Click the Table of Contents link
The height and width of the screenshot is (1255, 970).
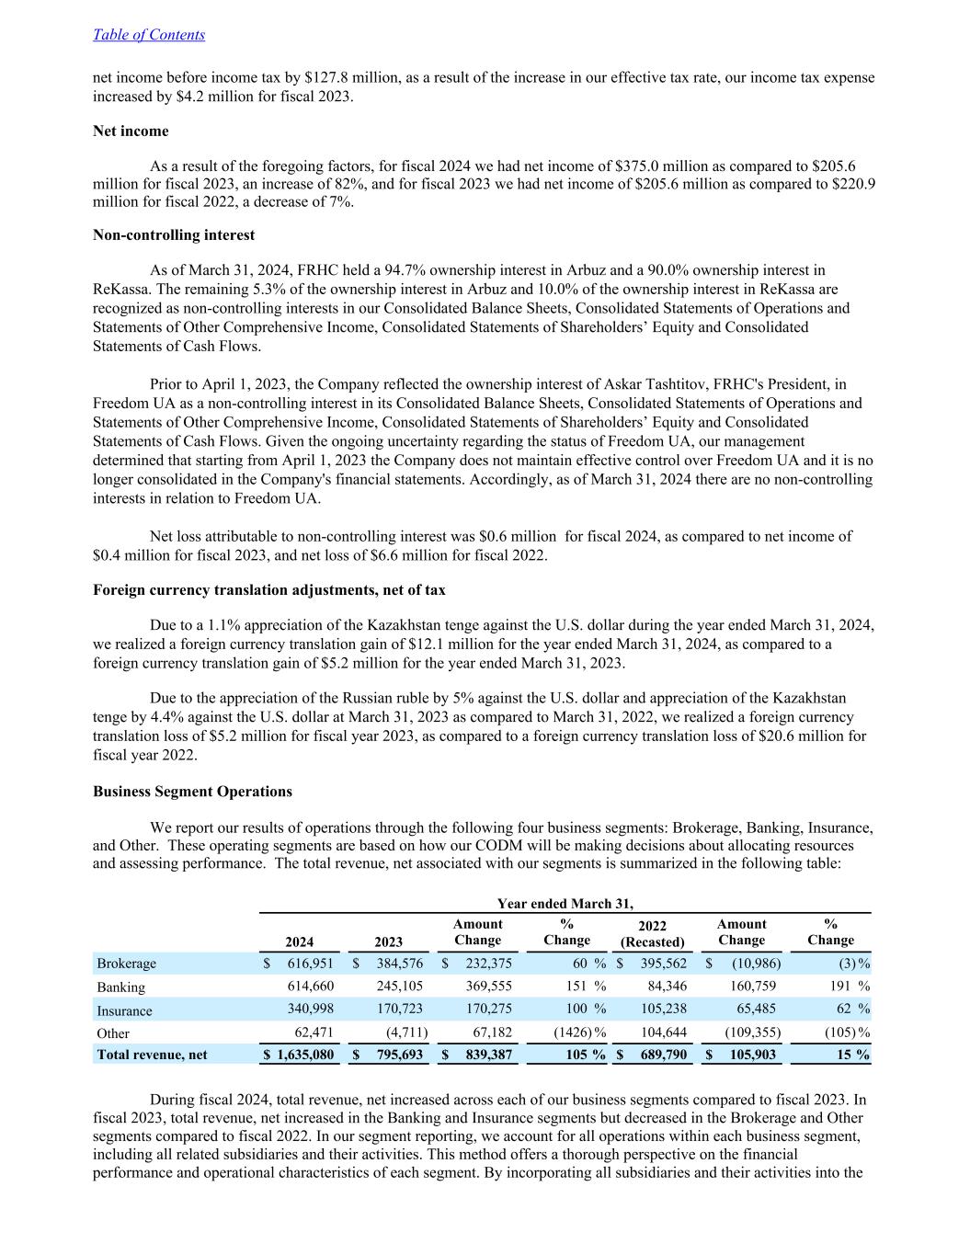tap(149, 35)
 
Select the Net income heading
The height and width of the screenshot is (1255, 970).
tap(131, 131)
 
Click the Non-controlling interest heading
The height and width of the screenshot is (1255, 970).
tap(174, 235)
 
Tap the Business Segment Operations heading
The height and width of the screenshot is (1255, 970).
tap(192, 792)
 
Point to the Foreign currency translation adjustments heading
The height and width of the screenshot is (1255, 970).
tap(269, 590)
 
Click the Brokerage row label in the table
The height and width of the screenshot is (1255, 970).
tap(127, 964)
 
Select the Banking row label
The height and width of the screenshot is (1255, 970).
tap(121, 987)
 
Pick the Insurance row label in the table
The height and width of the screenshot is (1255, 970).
tap(125, 1011)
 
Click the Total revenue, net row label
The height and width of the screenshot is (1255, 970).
tap(153, 1055)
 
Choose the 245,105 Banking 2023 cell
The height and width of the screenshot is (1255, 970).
tap(400, 987)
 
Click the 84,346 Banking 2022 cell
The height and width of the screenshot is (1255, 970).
tap(667, 987)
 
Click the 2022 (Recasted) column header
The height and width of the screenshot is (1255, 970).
tap(653, 933)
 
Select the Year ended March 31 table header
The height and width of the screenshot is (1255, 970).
tap(565, 904)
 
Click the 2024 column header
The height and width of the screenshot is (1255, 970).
tap(300, 941)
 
